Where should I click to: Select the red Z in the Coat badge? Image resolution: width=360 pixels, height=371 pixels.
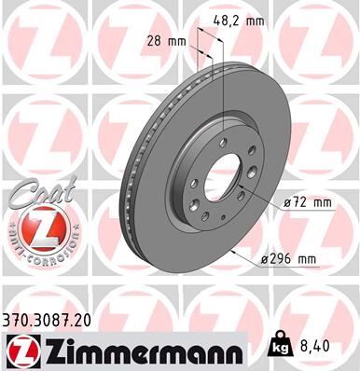(x=37, y=227)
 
